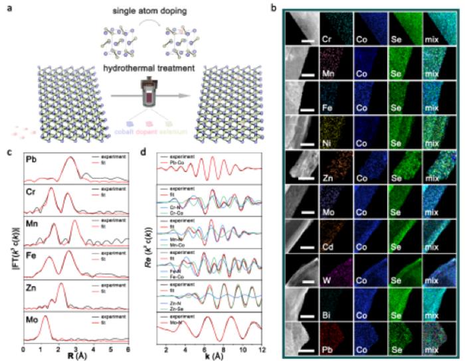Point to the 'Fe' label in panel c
pyautogui.click(x=30, y=253)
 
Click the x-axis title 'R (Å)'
pyautogui.click(x=75, y=356)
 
